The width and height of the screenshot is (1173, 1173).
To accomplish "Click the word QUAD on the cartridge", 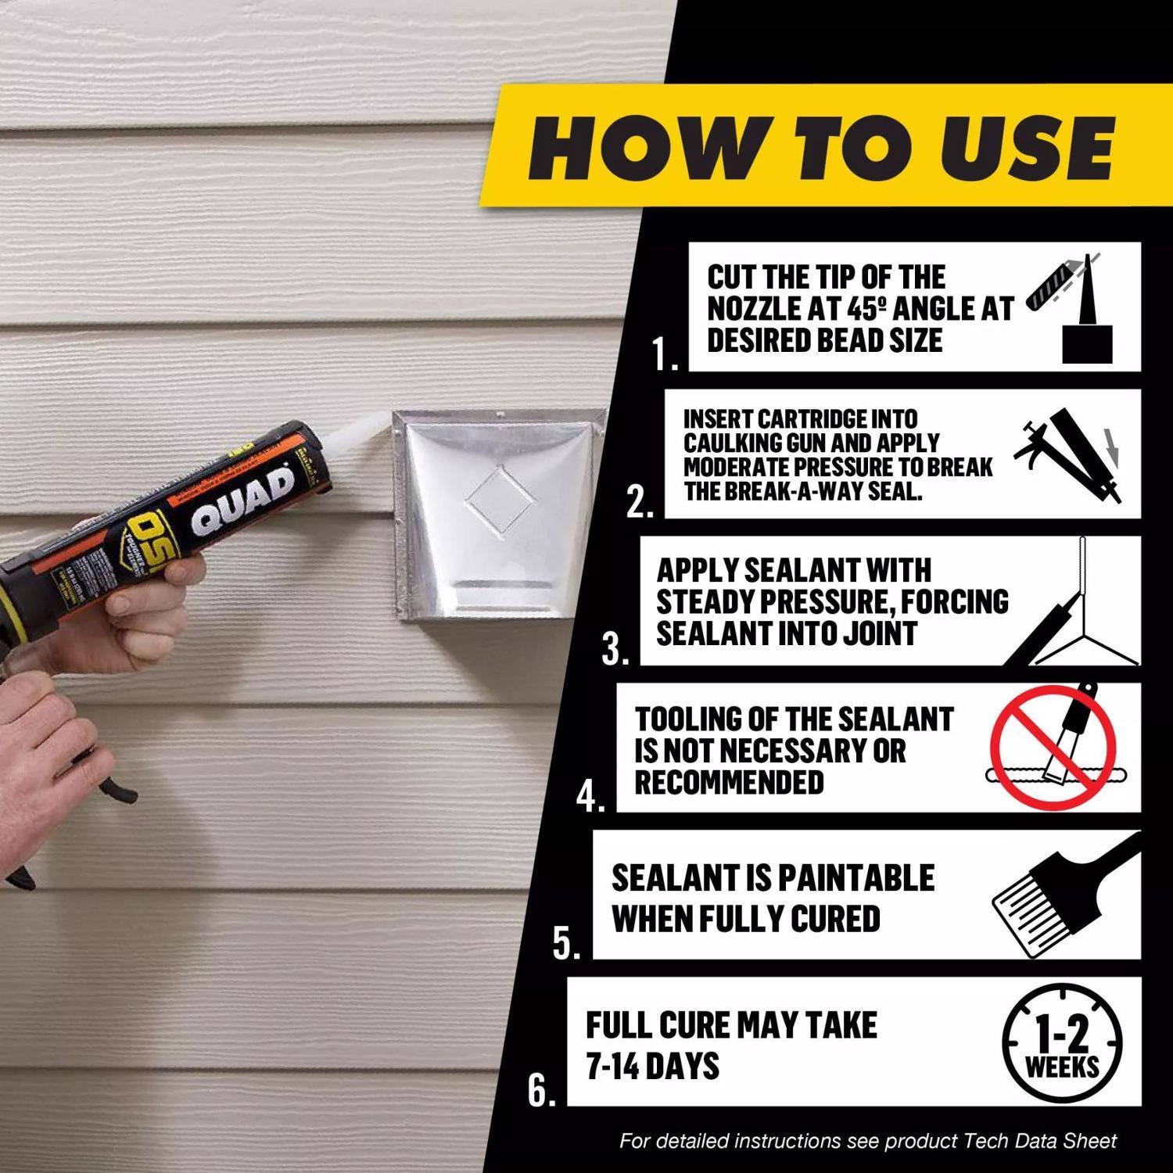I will [242, 500].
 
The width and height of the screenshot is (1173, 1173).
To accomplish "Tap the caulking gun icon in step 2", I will [1071, 453].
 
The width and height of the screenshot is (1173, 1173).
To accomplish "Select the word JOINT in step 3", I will [879, 633].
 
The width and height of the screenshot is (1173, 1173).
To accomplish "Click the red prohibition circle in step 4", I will [1053, 748].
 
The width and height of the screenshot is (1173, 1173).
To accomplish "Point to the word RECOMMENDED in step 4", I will [729, 783].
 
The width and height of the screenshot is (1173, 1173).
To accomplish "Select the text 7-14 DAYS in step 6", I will [652, 1066].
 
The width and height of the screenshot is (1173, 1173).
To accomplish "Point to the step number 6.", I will [540, 1091].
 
